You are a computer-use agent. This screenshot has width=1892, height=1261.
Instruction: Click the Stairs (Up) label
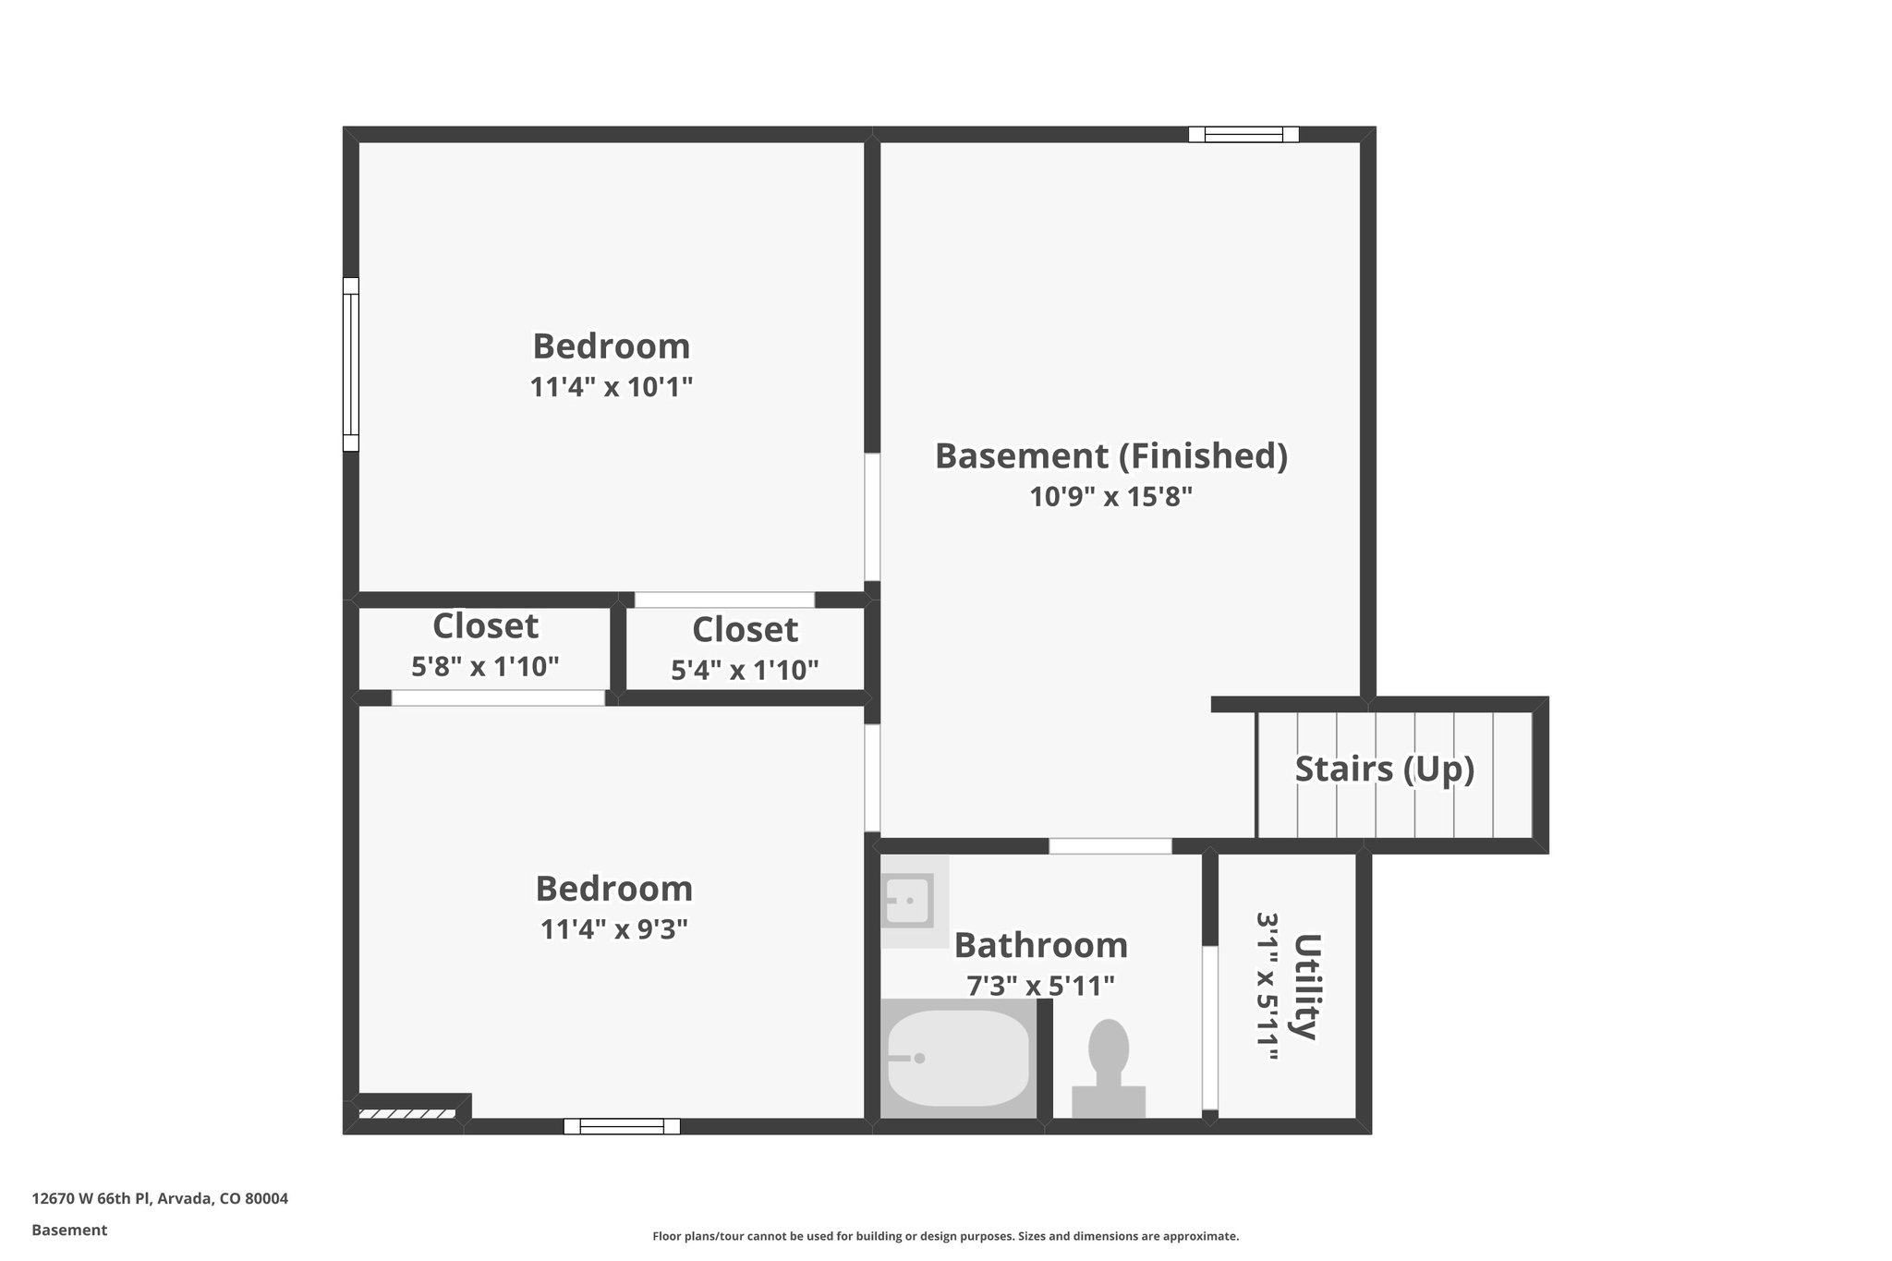pyautogui.click(x=1384, y=769)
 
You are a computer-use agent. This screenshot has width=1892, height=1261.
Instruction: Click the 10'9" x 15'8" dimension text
pyautogui.click(x=1110, y=497)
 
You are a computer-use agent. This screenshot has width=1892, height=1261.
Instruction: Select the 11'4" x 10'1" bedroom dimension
pyautogui.click(x=611, y=387)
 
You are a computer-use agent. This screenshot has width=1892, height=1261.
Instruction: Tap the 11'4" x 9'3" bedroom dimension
pyautogui.click(x=613, y=928)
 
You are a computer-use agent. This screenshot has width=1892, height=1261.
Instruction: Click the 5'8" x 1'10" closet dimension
pyautogui.click(x=485, y=666)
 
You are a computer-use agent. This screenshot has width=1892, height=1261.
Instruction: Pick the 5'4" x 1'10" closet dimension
pyautogui.click(x=745, y=670)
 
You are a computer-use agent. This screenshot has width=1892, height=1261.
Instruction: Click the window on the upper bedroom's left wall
pyautogui.click(x=351, y=364)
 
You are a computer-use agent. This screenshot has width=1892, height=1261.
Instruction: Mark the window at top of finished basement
pyautogui.click(x=1243, y=135)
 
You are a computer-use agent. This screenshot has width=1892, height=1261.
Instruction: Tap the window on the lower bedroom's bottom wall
pyautogui.click(x=622, y=1126)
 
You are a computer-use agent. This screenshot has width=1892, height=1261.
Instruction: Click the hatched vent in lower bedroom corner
pyautogui.click(x=406, y=1113)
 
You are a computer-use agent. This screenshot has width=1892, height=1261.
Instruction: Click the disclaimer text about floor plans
pyautogui.click(x=945, y=1236)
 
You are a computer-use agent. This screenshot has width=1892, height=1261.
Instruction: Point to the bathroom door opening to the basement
pyautogui.click(x=1110, y=846)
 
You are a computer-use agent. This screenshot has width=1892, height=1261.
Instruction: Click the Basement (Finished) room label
pyautogui.click(x=1110, y=456)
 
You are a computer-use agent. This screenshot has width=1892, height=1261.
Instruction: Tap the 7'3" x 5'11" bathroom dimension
pyautogui.click(x=1040, y=987)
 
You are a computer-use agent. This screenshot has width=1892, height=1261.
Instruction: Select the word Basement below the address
pyautogui.click(x=69, y=1230)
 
